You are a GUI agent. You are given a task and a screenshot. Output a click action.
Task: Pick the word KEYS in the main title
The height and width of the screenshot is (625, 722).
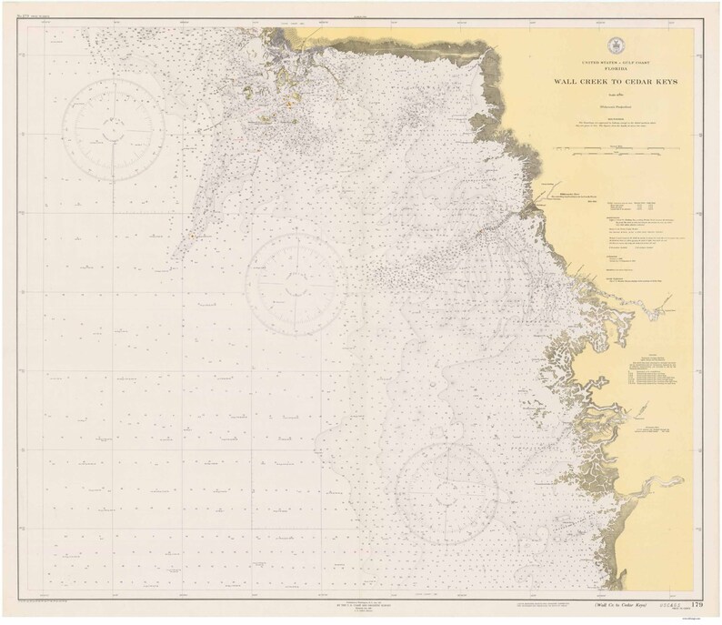coord(666,82)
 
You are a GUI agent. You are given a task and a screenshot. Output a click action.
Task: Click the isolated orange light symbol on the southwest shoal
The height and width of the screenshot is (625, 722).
coord(192,235)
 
